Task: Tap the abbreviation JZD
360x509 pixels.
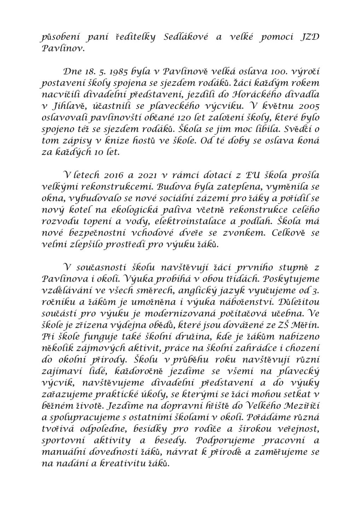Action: (x=308, y=37)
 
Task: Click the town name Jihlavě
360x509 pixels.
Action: (x=67, y=107)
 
